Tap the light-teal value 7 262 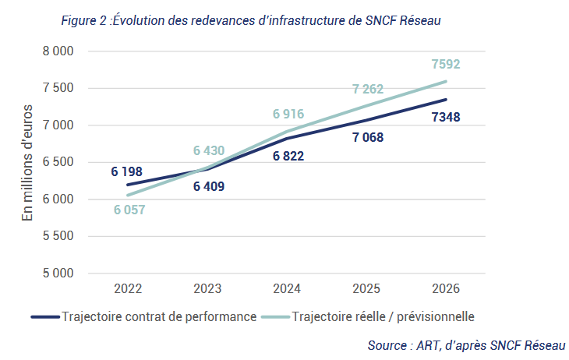[x=368, y=89]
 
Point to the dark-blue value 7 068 [x=368, y=138]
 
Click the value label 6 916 [x=288, y=114]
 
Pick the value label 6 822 [x=288, y=157]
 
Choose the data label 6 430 [x=209, y=150]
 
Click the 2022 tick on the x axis [x=128, y=288]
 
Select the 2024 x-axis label [x=287, y=288]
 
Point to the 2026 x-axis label [x=446, y=288]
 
